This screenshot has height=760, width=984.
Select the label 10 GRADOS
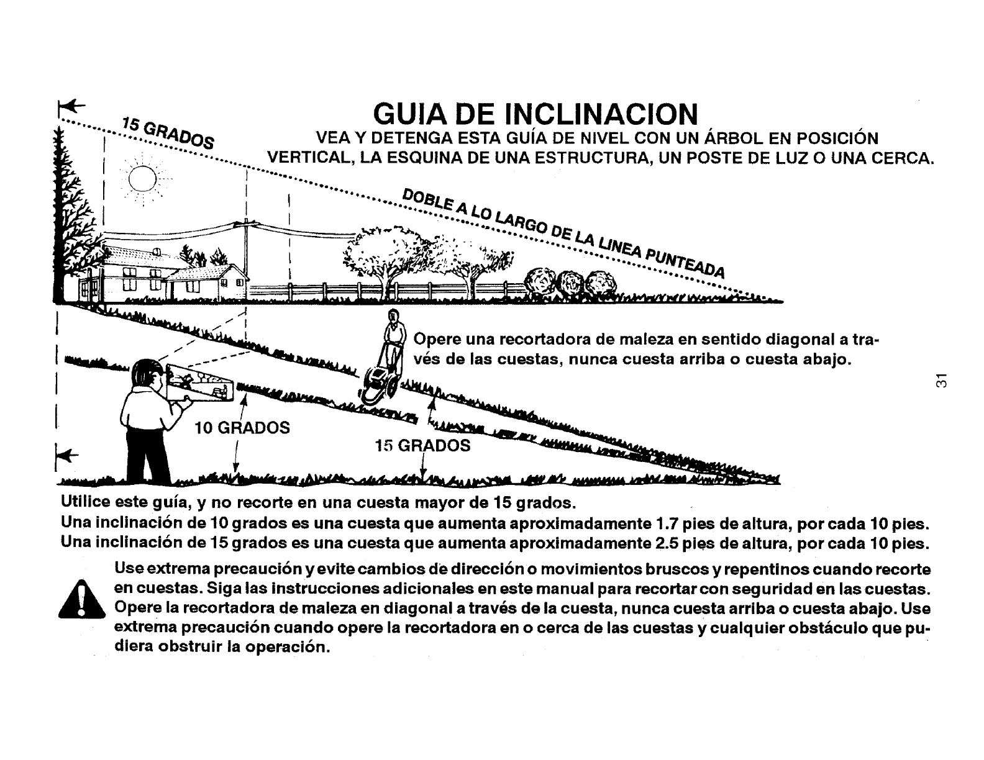(242, 428)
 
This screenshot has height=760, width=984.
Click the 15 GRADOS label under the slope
(422, 445)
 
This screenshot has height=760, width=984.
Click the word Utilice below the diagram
(84, 501)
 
